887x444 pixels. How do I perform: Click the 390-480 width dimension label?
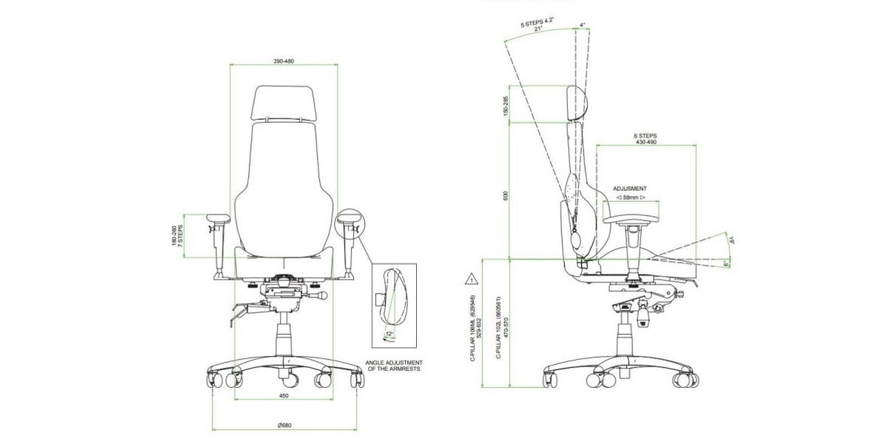coord(284,60)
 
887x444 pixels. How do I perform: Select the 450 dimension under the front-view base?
coord(284,395)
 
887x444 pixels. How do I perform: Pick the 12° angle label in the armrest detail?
coord(389,334)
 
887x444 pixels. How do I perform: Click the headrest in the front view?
coord(284,103)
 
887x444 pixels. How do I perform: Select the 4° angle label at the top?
coord(583,25)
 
